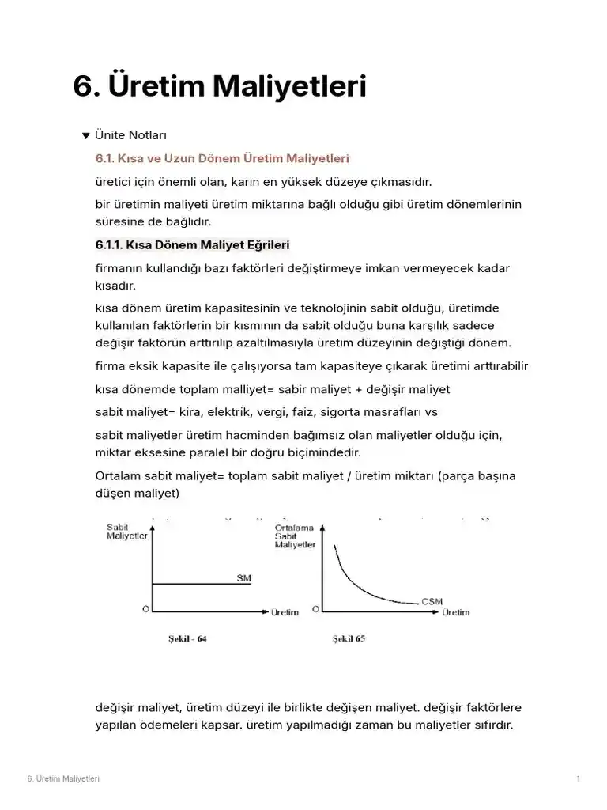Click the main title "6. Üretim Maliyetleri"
(220, 87)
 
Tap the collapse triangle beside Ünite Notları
(86, 136)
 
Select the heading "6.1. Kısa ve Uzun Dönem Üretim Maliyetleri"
(222, 159)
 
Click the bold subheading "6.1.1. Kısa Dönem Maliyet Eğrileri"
(192, 244)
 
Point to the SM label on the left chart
(243, 578)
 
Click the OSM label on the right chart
(432, 601)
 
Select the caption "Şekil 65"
(349, 638)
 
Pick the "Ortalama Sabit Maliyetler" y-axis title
(295, 536)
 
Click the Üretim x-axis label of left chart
(285, 611)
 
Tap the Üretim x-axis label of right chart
(456, 611)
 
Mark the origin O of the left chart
(145, 609)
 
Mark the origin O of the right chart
(316, 609)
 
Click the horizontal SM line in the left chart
(198, 585)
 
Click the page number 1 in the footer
(579, 779)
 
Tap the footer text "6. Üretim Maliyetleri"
(63, 779)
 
